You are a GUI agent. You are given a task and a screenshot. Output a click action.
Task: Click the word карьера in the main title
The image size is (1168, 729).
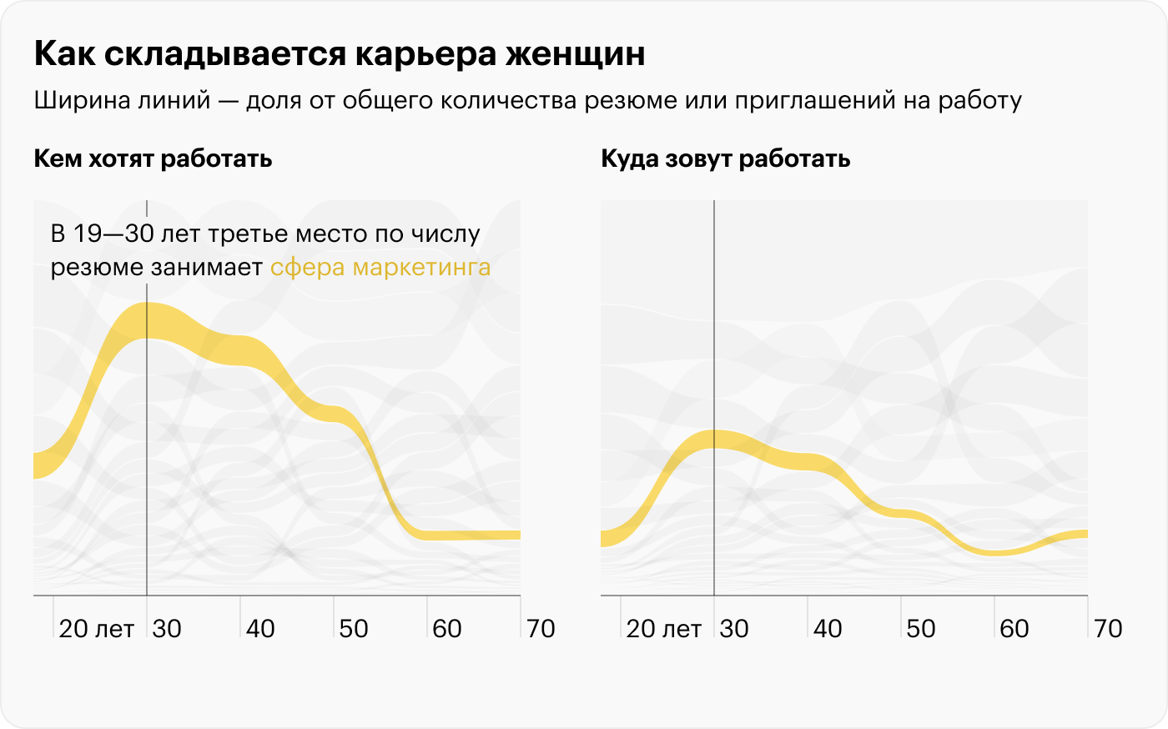[425, 54]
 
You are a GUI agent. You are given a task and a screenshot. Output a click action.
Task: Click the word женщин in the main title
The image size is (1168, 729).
[576, 54]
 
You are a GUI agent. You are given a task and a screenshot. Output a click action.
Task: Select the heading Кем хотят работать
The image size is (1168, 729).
[153, 158]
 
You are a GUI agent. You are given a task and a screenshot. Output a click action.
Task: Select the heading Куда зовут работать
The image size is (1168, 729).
[725, 158]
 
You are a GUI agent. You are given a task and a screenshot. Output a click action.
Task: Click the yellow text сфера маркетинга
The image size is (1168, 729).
[380, 268]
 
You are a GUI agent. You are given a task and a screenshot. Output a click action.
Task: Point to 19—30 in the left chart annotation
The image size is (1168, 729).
[113, 234]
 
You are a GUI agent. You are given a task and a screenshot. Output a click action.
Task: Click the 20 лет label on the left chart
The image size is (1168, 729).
[96, 629]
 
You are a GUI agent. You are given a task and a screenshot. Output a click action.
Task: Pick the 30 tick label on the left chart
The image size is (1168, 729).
[167, 629]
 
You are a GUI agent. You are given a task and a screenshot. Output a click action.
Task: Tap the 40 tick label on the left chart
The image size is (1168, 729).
[260, 629]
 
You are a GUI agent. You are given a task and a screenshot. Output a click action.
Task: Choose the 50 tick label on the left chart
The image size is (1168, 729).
[354, 629]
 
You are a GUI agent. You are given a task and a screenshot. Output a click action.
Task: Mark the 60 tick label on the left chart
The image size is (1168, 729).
[447, 629]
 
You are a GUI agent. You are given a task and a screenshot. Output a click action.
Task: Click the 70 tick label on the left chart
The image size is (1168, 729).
[541, 629]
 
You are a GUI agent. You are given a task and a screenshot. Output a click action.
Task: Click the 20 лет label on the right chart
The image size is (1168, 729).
[663, 629]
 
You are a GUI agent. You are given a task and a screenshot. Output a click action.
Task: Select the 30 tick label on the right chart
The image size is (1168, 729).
[734, 629]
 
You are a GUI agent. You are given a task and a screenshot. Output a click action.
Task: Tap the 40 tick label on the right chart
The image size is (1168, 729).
[828, 629]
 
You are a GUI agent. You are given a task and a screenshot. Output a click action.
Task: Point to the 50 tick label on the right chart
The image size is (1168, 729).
[921, 629]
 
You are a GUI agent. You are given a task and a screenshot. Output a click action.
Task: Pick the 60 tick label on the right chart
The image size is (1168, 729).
[1014, 629]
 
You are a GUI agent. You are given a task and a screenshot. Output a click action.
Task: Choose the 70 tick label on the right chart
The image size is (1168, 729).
[1108, 629]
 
